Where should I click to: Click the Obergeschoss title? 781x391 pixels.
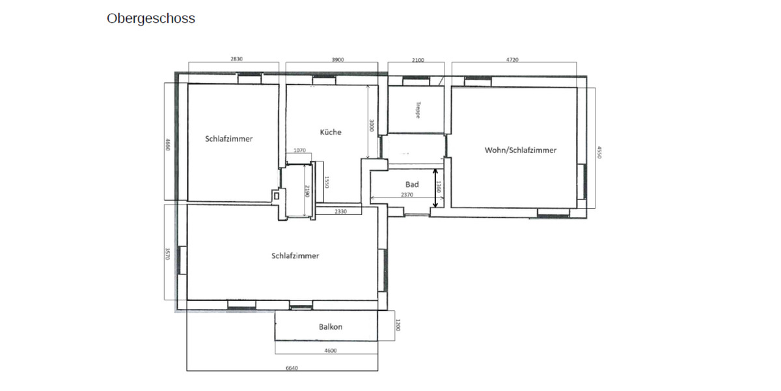point(150,19)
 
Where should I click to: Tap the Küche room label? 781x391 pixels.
point(331,132)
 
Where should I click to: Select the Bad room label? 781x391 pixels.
point(411,184)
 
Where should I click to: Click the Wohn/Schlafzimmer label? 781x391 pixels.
point(520,150)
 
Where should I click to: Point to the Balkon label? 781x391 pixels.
point(330,327)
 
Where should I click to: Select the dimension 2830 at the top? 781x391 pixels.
point(236,59)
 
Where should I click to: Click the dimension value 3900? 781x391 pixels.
point(338,59)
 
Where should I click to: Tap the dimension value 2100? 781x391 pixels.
point(418,60)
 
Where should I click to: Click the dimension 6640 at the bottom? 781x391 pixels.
point(292,368)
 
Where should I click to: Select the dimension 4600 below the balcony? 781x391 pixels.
point(330,351)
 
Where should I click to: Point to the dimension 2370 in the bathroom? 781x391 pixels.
point(407,195)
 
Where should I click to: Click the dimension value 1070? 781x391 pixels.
point(299,151)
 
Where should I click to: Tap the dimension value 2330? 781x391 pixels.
point(340,212)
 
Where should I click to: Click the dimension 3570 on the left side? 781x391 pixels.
point(167,253)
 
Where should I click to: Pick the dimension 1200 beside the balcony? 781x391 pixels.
point(397,325)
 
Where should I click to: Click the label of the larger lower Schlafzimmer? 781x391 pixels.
point(295,256)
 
